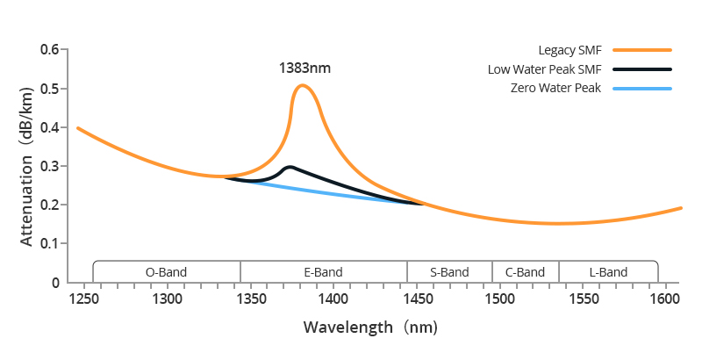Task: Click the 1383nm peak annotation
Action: click(x=304, y=68)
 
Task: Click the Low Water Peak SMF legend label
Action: click(x=544, y=69)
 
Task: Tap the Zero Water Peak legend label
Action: click(x=555, y=88)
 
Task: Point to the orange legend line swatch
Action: click(x=642, y=50)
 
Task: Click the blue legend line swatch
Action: click(x=642, y=88)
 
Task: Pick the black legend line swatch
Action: click(x=642, y=69)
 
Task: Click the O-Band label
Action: click(x=166, y=272)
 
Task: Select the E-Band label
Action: click(x=323, y=272)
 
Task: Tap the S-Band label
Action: click(x=449, y=272)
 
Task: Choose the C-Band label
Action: click(x=525, y=272)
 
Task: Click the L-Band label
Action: click(x=607, y=272)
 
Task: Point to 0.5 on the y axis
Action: click(x=50, y=89)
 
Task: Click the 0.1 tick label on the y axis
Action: click(x=50, y=243)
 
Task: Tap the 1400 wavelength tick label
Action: click(x=334, y=299)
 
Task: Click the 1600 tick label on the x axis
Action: click(x=667, y=299)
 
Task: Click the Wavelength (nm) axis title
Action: click(x=369, y=328)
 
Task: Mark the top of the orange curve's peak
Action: click(x=302, y=85)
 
